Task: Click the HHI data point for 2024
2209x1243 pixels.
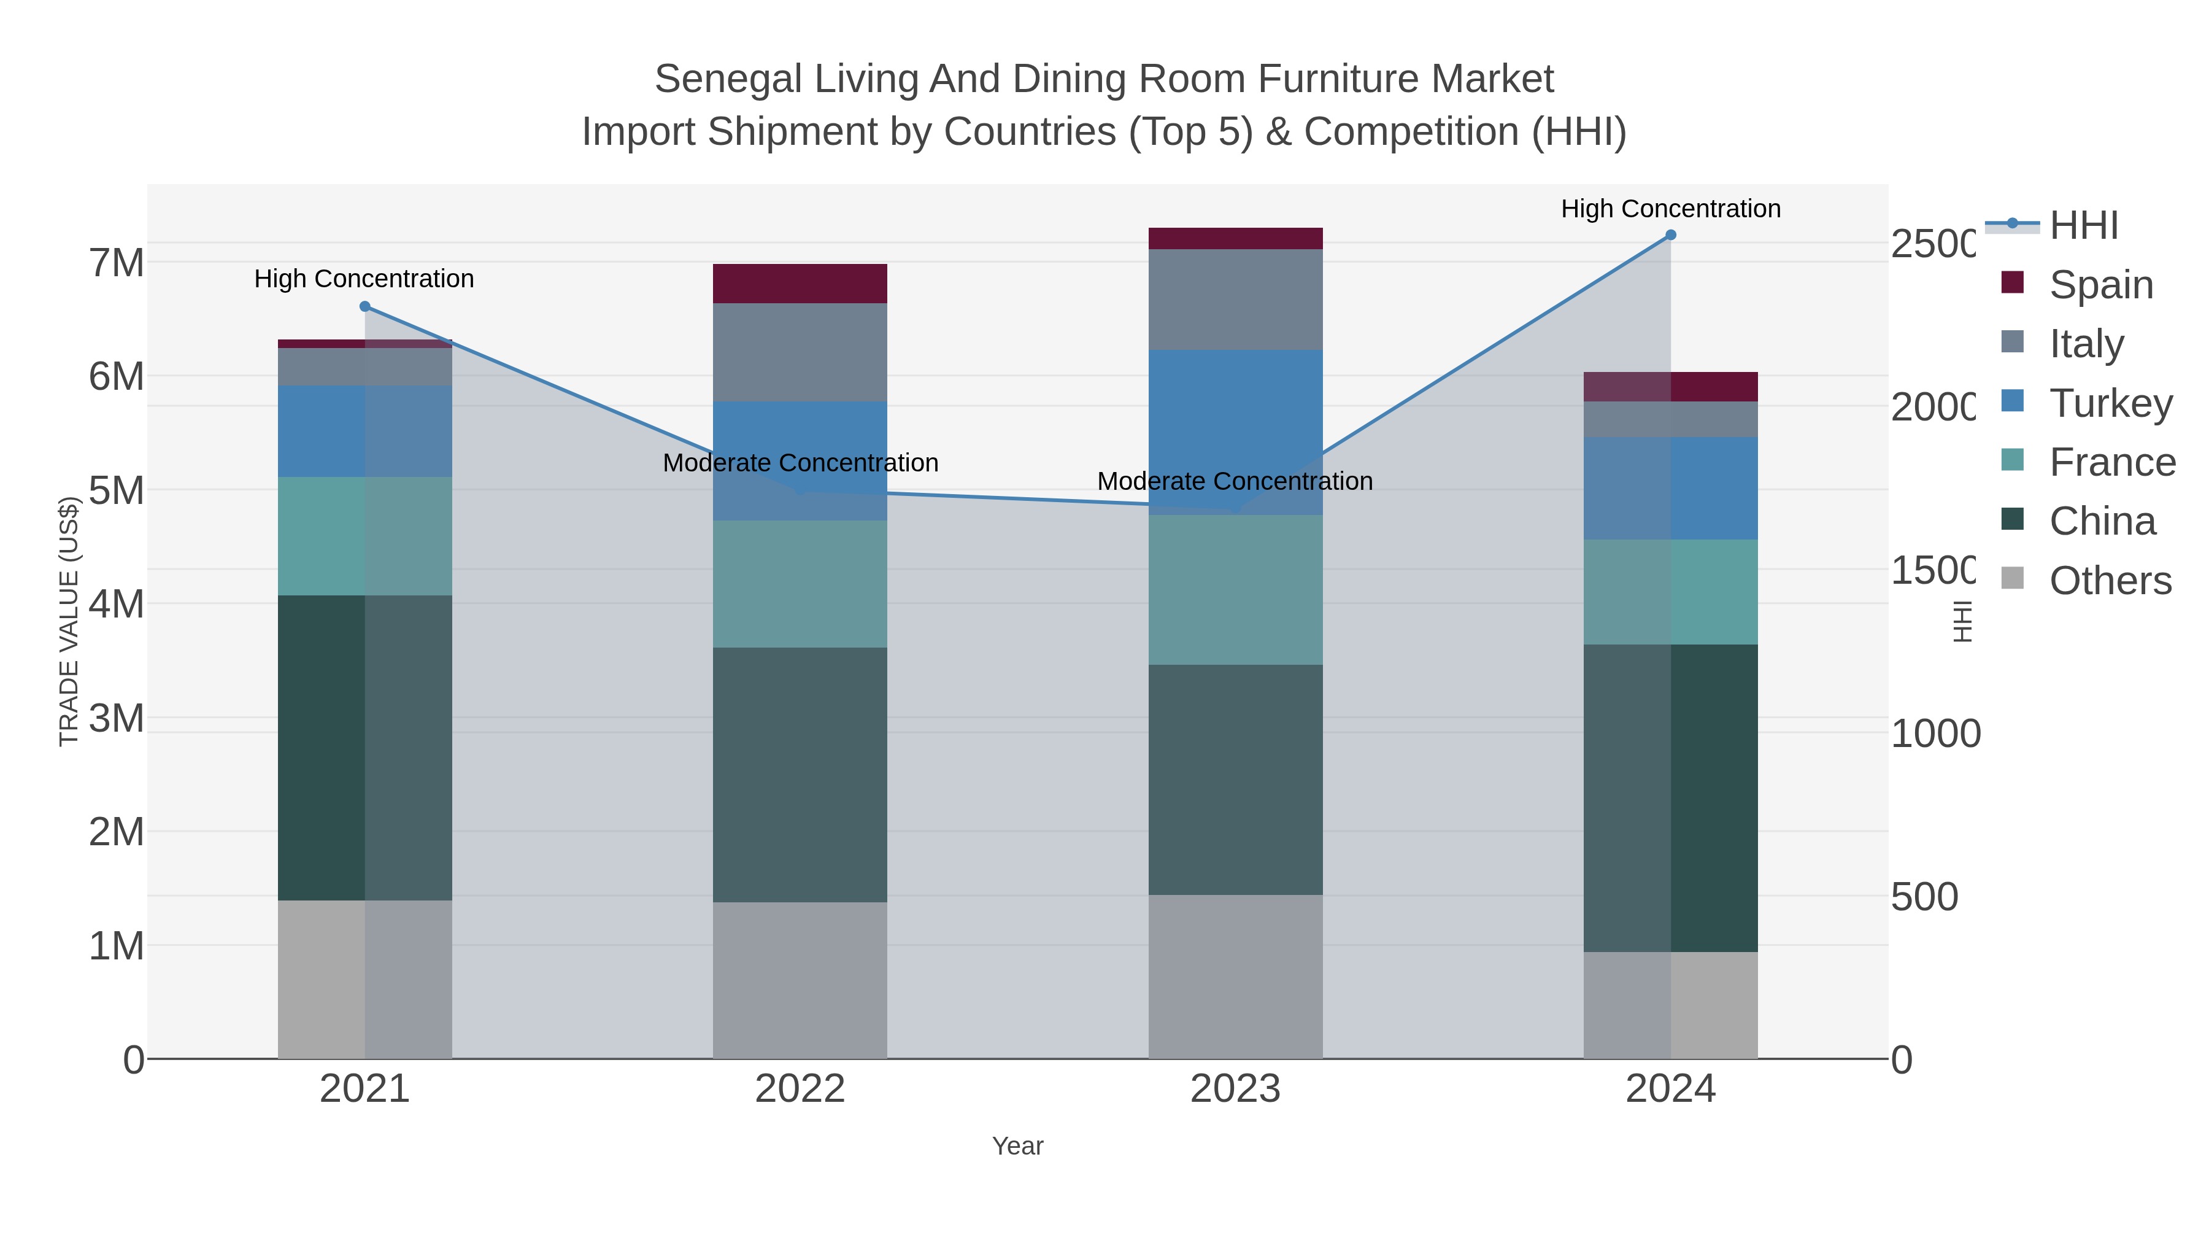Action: coord(1670,235)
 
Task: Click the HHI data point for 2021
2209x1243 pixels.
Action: coord(364,306)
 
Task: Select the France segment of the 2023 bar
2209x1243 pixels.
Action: coord(1235,589)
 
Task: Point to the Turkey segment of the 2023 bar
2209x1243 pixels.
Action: coord(1235,412)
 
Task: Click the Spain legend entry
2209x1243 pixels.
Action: coord(2100,284)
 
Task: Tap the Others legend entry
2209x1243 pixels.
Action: coord(2110,580)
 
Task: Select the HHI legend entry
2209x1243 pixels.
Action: coord(2083,226)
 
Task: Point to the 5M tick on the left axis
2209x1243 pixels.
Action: coord(117,490)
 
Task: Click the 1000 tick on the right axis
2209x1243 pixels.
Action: coord(1935,734)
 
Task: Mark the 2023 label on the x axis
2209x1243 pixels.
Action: coord(1235,1088)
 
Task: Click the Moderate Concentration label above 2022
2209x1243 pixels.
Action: coord(800,463)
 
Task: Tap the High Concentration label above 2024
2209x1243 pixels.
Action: coord(1670,209)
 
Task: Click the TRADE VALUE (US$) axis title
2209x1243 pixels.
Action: coord(69,621)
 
